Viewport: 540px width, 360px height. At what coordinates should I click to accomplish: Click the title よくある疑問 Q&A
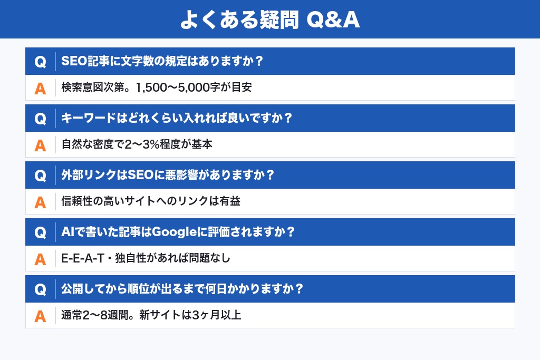(269, 20)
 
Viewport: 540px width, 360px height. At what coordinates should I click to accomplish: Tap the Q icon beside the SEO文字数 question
(40, 62)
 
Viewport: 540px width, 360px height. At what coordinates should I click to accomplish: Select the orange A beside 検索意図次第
(40, 88)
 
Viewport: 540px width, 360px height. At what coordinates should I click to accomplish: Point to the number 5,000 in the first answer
(203, 87)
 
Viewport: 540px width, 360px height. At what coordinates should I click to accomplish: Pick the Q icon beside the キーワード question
(40, 119)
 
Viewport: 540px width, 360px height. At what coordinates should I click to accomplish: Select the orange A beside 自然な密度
(40, 145)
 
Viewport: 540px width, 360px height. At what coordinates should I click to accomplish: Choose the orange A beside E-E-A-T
(40, 259)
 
